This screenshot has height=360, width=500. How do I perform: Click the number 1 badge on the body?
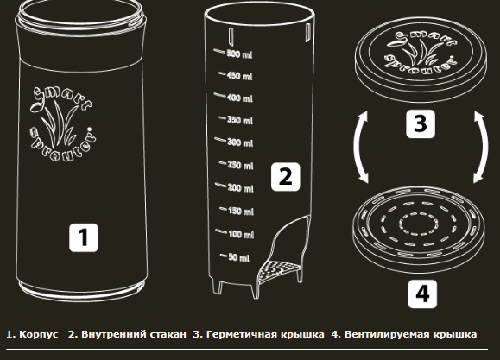84,237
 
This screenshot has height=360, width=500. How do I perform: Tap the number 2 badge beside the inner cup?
285,177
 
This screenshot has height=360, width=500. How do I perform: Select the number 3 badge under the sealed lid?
421,123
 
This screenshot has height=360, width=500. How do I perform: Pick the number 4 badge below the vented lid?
422,294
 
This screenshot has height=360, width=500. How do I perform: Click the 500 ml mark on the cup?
239,54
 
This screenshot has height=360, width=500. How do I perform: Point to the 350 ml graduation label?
240,120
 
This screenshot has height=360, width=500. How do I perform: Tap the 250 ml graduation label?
240,165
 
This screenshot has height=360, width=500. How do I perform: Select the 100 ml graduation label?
241,234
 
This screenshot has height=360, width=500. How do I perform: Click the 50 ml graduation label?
239,257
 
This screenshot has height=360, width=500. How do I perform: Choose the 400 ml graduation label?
240,98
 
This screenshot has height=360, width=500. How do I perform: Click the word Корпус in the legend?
39,334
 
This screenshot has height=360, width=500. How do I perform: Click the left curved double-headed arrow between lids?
357,147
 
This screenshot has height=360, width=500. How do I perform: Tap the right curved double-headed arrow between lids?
485,147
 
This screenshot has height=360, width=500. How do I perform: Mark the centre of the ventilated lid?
419,224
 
